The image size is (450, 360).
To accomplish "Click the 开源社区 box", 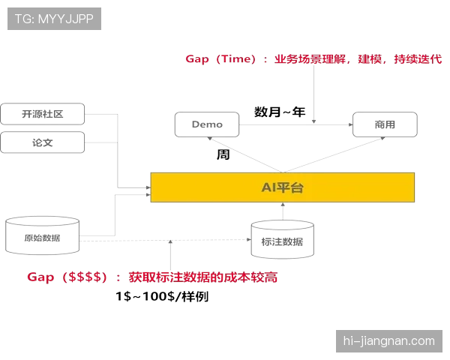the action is pyautogui.click(x=43, y=114).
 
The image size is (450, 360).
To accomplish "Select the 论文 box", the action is pyautogui.click(x=43, y=142).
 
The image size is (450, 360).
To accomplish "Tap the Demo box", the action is pyautogui.click(x=207, y=124).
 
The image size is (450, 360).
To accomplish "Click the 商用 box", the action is pyautogui.click(x=385, y=124).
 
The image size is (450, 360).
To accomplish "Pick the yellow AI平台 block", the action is pyautogui.click(x=283, y=187).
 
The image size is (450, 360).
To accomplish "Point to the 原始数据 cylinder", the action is pyautogui.click(x=42, y=235).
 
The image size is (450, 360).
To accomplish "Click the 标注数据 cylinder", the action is pyautogui.click(x=283, y=239).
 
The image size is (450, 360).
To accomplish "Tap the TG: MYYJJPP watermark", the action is pyautogui.click(x=54, y=19).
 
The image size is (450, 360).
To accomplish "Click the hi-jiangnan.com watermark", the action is pyautogui.click(x=389, y=341).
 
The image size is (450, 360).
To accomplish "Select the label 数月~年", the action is pyautogui.click(x=280, y=112).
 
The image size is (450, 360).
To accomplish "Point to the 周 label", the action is pyautogui.click(x=223, y=154).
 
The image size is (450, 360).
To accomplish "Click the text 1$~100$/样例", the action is pyautogui.click(x=162, y=296).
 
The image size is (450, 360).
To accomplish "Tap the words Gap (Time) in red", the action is pyautogui.click(x=220, y=59).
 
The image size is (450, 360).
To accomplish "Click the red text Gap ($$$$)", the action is pyautogui.click(x=67, y=277).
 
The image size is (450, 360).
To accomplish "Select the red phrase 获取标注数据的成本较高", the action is pyautogui.click(x=203, y=277).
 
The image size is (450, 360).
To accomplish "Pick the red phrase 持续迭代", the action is pyautogui.click(x=418, y=59).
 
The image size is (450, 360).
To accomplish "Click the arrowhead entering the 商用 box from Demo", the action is pyautogui.click(x=351, y=124).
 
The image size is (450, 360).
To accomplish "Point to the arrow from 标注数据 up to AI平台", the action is pyautogui.click(x=283, y=211).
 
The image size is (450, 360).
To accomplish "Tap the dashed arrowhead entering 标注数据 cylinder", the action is pyautogui.click(x=249, y=239).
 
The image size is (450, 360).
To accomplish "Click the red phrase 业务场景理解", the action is pyautogui.click(x=310, y=59).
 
